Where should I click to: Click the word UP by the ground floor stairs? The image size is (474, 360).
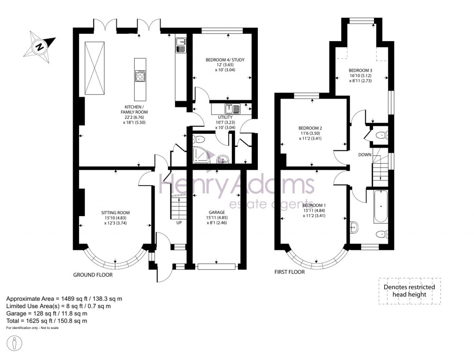coord(179,223)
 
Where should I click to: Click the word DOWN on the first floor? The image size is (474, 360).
coord(365,155)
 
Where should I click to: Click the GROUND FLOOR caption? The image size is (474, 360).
coord(93,275)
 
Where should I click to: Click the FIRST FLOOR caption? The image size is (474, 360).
coord(289,272)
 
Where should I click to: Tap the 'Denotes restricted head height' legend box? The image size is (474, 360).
coord(409,291)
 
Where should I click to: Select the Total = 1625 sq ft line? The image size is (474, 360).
coord(46,321)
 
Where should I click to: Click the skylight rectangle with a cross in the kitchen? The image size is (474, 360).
coord(94,68)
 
